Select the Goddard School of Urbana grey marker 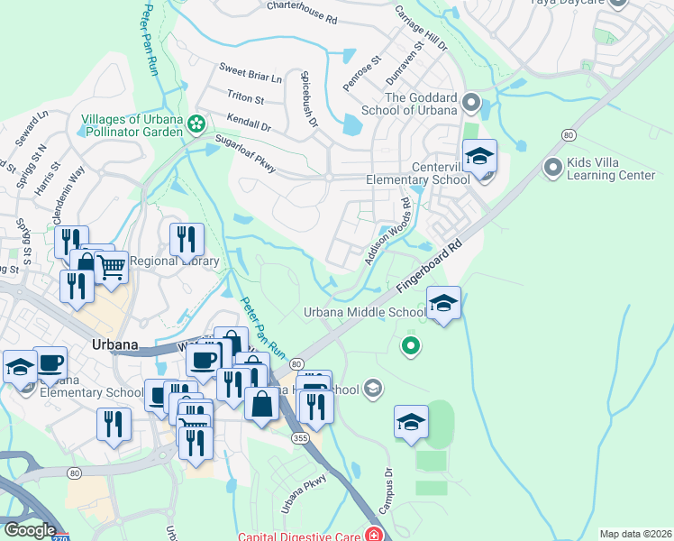471,103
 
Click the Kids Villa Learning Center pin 553,167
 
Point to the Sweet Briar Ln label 250,73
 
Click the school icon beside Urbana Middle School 443,303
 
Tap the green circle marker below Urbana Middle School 411,344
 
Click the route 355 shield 300,437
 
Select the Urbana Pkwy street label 302,495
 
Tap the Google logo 30,530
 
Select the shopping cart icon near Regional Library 111,266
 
